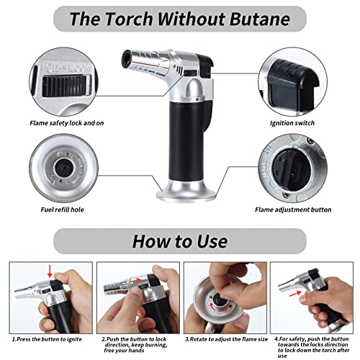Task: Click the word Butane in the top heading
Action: click(260, 19)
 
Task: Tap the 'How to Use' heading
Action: click(180, 241)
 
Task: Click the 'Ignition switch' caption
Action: click(292, 123)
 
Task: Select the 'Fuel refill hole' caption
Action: click(63, 210)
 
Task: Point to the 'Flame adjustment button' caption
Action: click(293, 210)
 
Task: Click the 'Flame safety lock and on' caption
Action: click(67, 123)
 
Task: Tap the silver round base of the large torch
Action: click(186, 192)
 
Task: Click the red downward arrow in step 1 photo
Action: click(50, 271)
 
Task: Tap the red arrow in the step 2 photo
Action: click(135, 280)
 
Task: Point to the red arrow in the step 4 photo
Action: click(295, 293)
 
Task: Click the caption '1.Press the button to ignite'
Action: click(47, 339)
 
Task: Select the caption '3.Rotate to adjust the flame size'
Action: click(226, 339)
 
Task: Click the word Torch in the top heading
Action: click(129, 19)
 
